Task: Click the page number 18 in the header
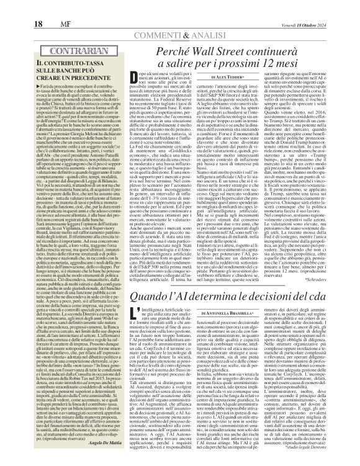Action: pyautogui.click(x=13, y=7)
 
